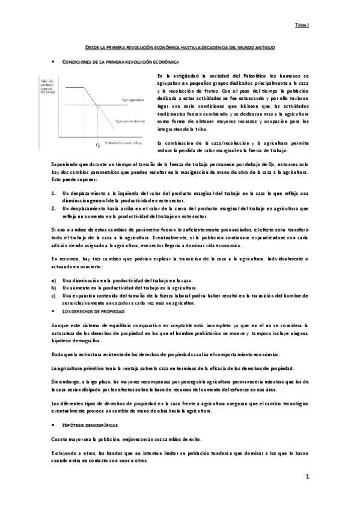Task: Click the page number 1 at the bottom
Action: pyautogui.click(x=307, y=478)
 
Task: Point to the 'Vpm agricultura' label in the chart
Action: pyautogui.click(x=132, y=98)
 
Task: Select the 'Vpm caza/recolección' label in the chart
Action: pyautogui.click(x=131, y=121)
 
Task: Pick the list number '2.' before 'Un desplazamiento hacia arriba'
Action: pyautogui.click(x=53, y=208)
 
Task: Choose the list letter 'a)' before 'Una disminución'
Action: pyautogui.click(x=53, y=281)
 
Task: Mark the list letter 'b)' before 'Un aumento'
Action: pyautogui.click(x=53, y=289)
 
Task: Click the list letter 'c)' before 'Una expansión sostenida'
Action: pyautogui.click(x=53, y=296)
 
